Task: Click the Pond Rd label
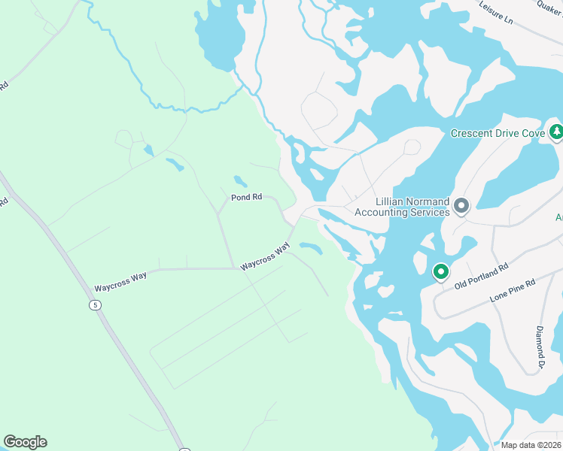click(246, 197)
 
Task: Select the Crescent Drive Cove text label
click(498, 133)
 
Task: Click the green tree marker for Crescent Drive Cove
click(556, 132)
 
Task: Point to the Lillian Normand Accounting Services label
click(412, 207)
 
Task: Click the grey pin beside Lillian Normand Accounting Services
click(461, 205)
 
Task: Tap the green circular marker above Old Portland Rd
click(440, 271)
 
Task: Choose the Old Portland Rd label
click(482, 276)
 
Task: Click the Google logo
click(26, 442)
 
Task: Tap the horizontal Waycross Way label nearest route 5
click(120, 282)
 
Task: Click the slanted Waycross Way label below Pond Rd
click(265, 256)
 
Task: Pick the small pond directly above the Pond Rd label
click(240, 181)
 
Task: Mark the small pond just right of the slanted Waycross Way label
click(310, 247)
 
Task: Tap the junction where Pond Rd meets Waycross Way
click(290, 223)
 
